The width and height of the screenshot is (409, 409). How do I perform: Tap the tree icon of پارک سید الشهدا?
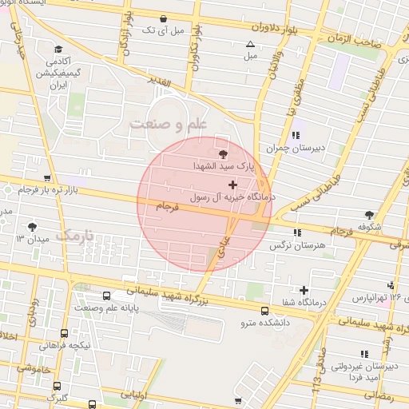[x=223, y=153]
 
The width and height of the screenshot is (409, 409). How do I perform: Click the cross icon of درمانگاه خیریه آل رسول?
[x=232, y=185]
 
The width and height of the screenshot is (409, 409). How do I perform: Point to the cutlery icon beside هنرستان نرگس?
[x=297, y=232]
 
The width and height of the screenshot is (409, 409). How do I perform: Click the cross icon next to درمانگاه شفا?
[x=304, y=290]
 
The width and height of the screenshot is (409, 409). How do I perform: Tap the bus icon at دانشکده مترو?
[x=264, y=311]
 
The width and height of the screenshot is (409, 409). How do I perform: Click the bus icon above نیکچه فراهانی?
[x=65, y=333]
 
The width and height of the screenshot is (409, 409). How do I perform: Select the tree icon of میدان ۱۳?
[x=32, y=227]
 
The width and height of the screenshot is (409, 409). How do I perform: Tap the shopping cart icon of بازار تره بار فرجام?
[x=47, y=178]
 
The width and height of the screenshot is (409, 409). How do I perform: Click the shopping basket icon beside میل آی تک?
[x=164, y=18]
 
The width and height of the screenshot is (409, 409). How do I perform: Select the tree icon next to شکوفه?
[x=369, y=215]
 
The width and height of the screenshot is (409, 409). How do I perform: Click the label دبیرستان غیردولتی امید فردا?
[x=367, y=371]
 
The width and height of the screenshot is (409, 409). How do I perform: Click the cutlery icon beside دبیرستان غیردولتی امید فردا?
[x=364, y=354]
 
